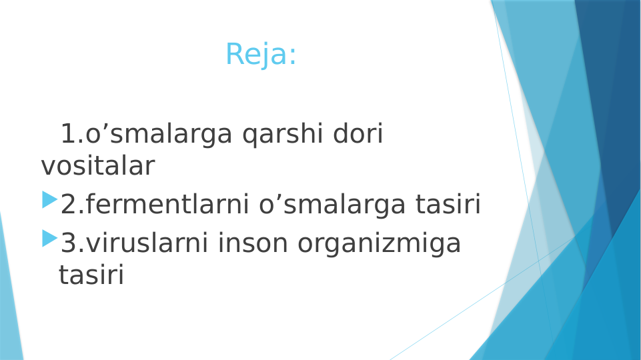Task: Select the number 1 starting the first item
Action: pos(68,135)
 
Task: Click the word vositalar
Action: pos(97,166)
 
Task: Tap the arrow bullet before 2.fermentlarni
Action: pos(49,199)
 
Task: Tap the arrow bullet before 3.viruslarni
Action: pos(49,238)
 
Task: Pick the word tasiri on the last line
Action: pos(91,275)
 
